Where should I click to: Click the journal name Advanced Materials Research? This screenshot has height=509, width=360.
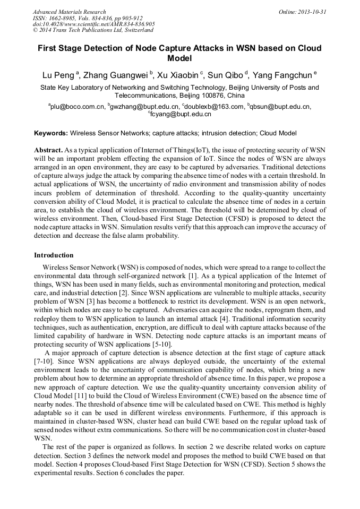(x=69, y=12)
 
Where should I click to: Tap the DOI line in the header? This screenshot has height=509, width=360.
(x=93, y=24)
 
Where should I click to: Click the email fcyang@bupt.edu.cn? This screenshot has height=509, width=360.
(x=181, y=114)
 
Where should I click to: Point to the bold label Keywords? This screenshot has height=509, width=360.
(x=51, y=133)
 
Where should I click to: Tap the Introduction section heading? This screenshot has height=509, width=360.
(x=54, y=255)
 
